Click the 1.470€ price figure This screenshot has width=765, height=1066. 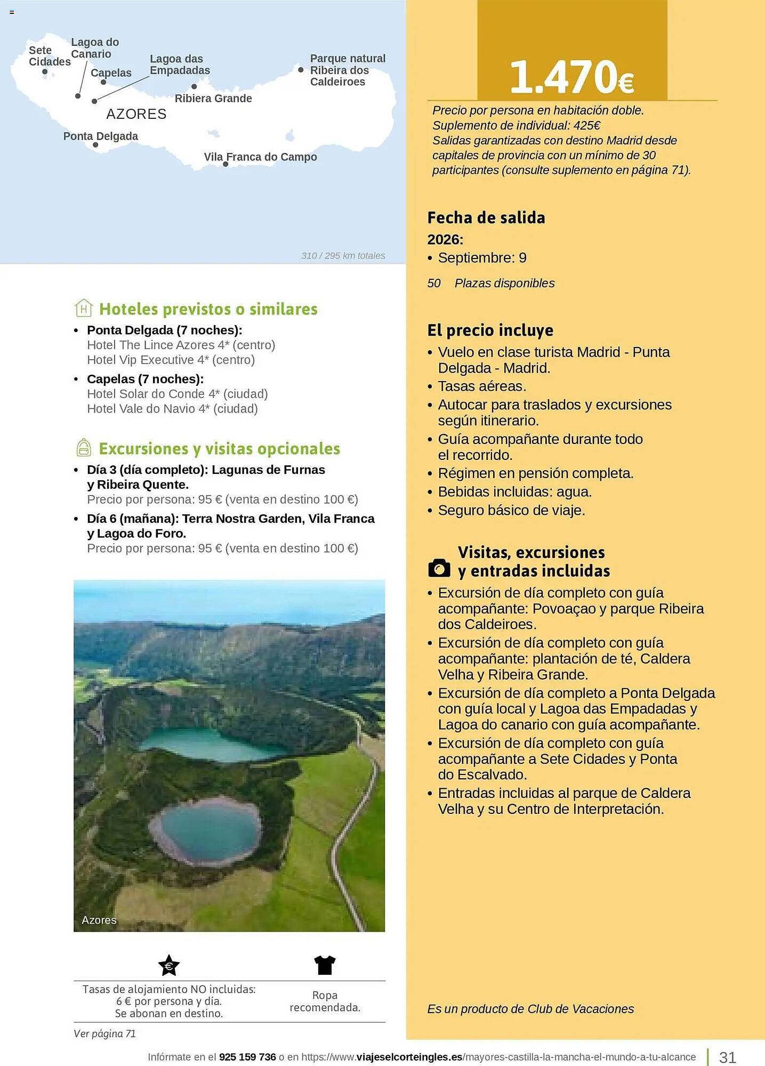point(571,77)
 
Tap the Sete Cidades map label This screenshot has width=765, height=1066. point(49,56)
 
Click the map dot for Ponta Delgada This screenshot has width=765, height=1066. point(95,145)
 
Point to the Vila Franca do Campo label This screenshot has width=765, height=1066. point(260,157)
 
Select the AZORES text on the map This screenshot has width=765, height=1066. point(136,114)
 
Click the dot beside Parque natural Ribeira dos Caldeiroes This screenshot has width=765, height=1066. point(301,70)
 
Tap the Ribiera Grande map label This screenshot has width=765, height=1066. point(213,99)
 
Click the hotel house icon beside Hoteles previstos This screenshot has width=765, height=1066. point(84,308)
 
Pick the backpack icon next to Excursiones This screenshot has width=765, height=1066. point(84,448)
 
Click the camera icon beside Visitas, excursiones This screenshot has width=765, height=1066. point(439,568)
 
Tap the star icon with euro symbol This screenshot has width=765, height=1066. point(169,965)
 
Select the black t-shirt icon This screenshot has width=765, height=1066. point(325,965)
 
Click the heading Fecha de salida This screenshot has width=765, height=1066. point(486,218)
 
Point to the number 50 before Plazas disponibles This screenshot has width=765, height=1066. point(434,284)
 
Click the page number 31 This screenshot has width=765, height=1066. point(728,1057)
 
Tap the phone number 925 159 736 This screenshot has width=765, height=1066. point(247,1057)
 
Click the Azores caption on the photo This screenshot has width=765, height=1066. point(99,920)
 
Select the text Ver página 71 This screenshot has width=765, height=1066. point(105,1033)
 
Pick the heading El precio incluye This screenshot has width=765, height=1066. point(490,330)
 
